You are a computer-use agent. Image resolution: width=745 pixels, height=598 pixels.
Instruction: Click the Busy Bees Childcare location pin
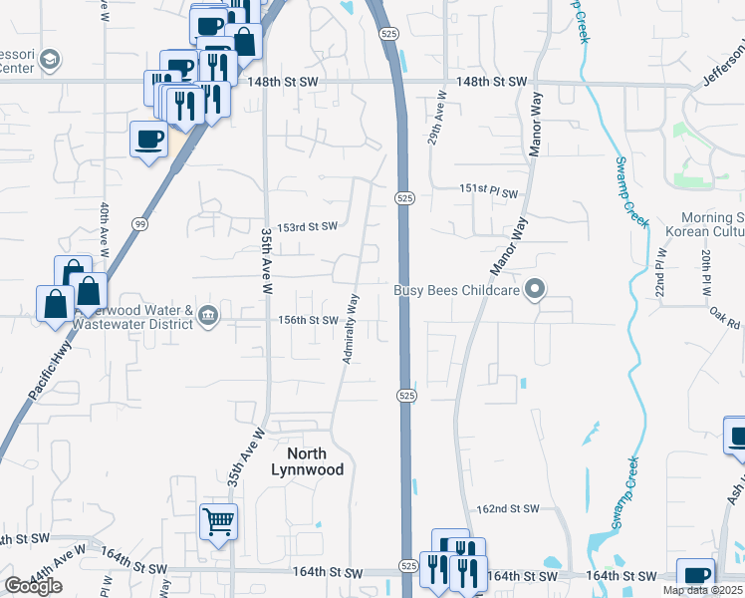[x=536, y=290]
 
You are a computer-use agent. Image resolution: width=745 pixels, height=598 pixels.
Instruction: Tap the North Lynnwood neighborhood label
[x=309, y=460]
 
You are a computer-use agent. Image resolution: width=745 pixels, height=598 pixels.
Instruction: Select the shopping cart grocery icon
[x=218, y=521]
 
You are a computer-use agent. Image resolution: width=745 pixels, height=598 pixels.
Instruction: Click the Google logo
[x=33, y=586]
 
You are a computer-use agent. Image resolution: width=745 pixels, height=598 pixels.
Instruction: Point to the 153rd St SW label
[x=307, y=227]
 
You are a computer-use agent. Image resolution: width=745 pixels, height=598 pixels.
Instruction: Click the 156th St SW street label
[x=309, y=320]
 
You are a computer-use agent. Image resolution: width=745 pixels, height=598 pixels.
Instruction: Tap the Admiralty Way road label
[x=351, y=328]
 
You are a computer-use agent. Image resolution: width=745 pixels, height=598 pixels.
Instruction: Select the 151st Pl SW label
[x=489, y=191]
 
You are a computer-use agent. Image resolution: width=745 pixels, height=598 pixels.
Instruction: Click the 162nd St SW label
[x=508, y=508]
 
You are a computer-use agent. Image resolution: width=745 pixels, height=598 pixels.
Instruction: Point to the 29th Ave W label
[x=436, y=120]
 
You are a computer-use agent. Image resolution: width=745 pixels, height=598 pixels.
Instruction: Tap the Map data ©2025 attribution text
[x=703, y=590]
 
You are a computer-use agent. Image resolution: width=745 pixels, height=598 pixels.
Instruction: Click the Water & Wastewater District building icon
[x=208, y=316]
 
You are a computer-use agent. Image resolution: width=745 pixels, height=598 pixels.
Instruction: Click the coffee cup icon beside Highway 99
[x=148, y=139]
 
